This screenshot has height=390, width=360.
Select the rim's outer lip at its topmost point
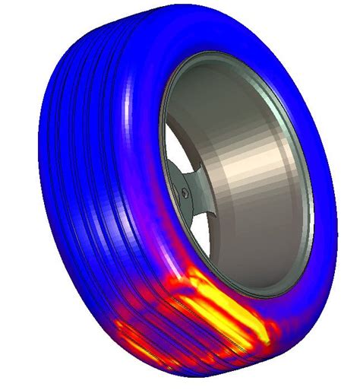[220, 57]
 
